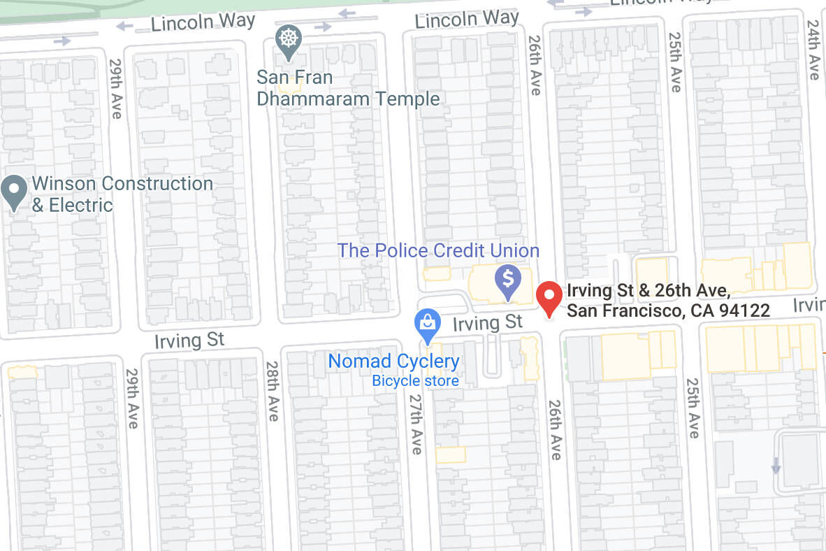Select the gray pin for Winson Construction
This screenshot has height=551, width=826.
[14, 191]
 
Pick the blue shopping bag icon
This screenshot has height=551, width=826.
[427, 324]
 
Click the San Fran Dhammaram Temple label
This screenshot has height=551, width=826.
[348, 88]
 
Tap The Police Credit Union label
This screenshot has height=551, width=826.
[438, 250]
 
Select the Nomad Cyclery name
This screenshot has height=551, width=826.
[393, 362]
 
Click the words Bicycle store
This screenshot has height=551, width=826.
[415, 380]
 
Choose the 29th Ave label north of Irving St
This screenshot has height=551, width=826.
[115, 88]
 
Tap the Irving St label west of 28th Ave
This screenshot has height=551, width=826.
[189, 341]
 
